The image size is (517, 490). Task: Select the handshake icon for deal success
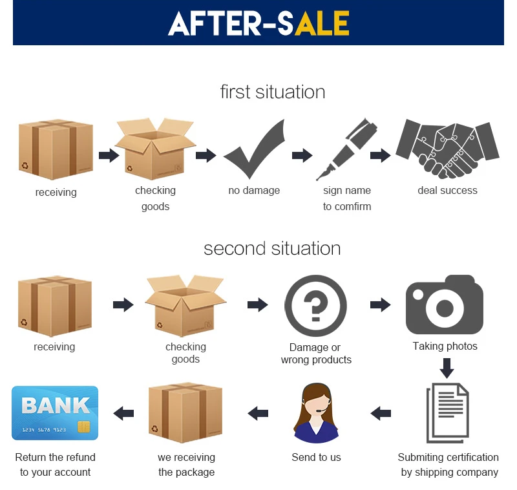[x=447, y=149]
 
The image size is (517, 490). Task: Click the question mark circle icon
[x=315, y=306]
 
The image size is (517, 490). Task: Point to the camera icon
[x=445, y=305]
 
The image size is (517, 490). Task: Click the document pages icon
[x=447, y=412]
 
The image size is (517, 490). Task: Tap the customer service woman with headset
[x=316, y=412]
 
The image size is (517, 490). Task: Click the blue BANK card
[x=55, y=413]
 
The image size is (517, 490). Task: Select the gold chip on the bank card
[x=84, y=427]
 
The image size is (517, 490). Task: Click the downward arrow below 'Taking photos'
[x=447, y=368]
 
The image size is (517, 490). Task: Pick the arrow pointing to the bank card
[x=123, y=413]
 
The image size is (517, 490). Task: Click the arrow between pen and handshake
[x=381, y=155]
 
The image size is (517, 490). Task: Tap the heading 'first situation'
[x=273, y=92]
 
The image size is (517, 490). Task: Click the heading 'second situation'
[x=272, y=248]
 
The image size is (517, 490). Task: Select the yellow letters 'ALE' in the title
[x=322, y=23]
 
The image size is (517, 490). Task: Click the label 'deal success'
[x=447, y=190]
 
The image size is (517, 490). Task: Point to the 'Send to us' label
[x=316, y=458]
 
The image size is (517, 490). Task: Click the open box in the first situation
[x=155, y=149]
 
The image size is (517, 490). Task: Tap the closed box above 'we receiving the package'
[x=185, y=413]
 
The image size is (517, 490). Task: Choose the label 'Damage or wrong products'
[x=316, y=354]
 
